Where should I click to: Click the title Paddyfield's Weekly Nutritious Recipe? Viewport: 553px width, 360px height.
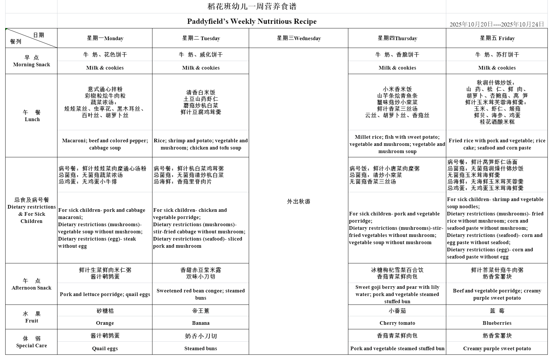tap(252, 22)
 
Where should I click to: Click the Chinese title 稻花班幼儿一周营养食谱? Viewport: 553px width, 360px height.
tap(252, 7)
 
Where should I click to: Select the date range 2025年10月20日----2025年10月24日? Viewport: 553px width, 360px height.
tap(497, 24)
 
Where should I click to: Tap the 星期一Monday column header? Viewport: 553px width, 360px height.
tap(105, 38)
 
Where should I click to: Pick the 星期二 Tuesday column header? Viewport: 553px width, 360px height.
tap(201, 38)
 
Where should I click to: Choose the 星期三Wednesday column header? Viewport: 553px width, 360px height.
tap(299, 38)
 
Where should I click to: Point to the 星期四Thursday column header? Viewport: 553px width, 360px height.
tap(397, 38)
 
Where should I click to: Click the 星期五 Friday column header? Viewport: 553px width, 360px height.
tap(497, 38)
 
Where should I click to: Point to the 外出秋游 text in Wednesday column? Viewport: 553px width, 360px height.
tap(299, 201)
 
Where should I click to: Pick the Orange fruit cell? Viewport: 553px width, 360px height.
tap(105, 323)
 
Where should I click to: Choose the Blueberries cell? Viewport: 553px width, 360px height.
tap(497, 323)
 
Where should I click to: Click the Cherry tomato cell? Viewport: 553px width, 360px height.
tap(397, 323)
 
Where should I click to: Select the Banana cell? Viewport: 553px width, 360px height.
tap(201, 323)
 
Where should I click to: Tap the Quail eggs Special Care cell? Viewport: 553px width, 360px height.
tap(105, 349)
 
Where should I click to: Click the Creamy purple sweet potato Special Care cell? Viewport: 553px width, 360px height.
tap(497, 349)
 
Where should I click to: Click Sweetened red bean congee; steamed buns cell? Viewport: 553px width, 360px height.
tap(201, 294)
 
